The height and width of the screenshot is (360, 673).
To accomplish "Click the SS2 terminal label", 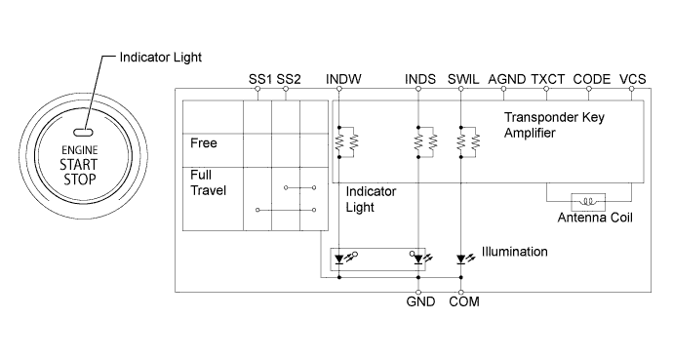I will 289,77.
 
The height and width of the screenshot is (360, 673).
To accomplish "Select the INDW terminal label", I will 343,77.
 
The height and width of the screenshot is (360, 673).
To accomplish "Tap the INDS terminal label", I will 419,77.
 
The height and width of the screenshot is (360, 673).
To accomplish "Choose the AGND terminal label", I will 505,77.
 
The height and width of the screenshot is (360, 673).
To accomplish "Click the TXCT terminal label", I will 547,77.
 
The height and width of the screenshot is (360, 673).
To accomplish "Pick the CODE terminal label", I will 591,77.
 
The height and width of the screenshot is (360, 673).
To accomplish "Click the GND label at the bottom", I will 419,303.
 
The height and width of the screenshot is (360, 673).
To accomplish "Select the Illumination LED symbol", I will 461,260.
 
